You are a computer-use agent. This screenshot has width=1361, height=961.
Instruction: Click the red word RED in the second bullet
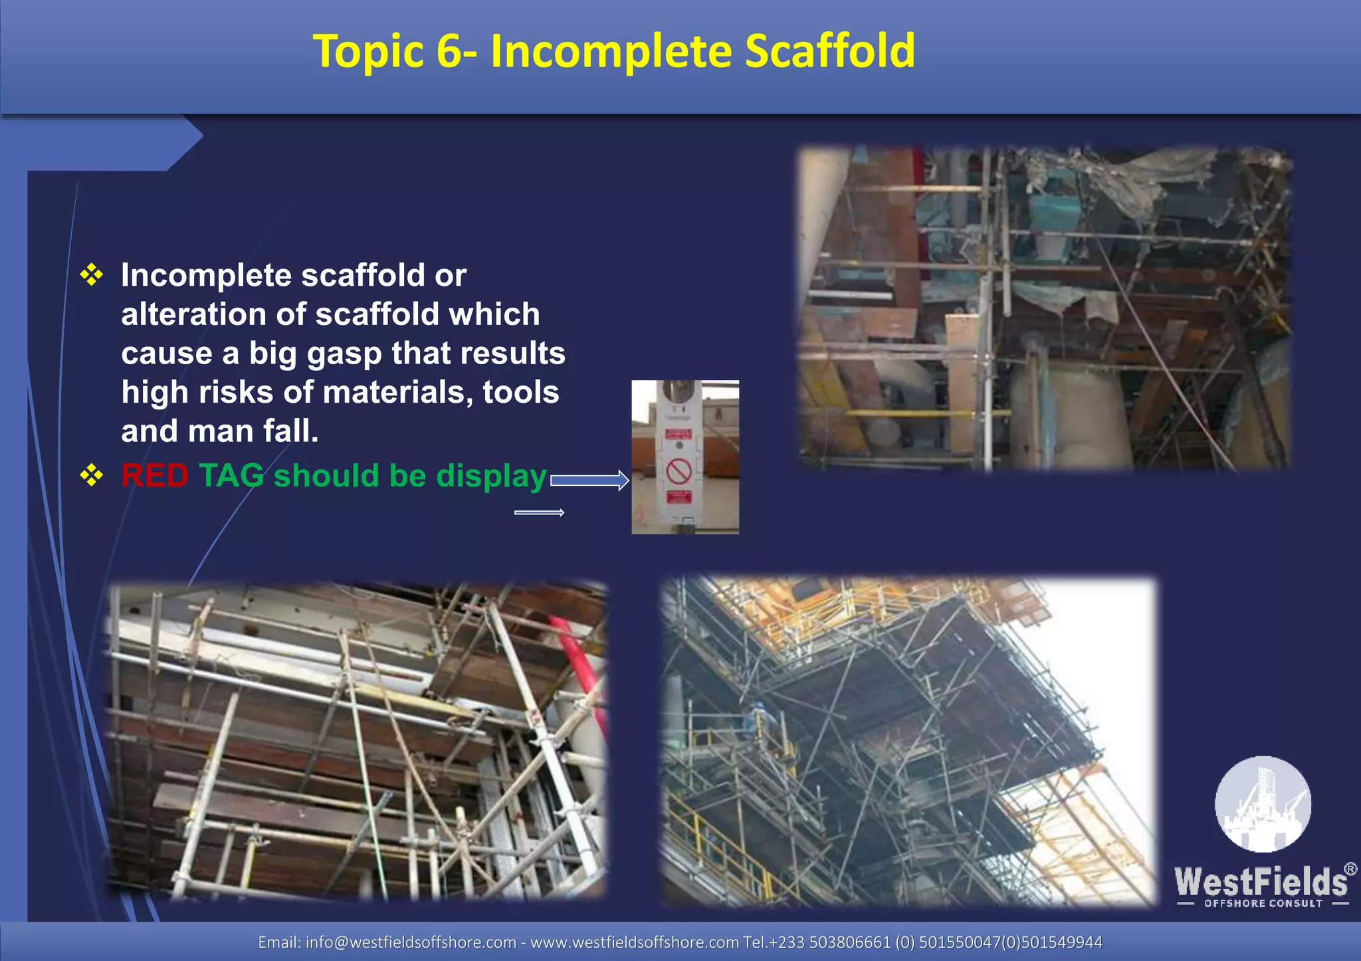point(154,476)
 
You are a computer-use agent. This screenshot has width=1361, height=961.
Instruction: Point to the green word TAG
point(231,476)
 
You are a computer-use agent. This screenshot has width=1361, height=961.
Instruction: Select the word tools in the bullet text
point(520,392)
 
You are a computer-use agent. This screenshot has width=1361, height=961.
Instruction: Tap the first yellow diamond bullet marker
point(92,274)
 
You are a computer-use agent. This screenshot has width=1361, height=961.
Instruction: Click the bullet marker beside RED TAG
point(92,476)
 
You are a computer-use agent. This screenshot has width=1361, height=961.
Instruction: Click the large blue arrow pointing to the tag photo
point(589,480)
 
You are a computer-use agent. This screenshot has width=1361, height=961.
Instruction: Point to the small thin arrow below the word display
point(539,512)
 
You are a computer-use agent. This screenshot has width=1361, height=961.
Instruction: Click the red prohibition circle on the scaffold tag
point(679,471)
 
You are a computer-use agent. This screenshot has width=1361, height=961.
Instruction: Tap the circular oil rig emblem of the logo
point(1263,804)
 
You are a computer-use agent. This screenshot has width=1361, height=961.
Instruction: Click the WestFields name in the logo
point(1261,881)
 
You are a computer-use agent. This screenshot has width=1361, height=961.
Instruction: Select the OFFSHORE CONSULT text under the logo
point(1263,904)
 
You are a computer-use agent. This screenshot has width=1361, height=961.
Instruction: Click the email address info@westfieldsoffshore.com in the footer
point(411,942)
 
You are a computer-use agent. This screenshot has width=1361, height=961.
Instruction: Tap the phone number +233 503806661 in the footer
point(829,942)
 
